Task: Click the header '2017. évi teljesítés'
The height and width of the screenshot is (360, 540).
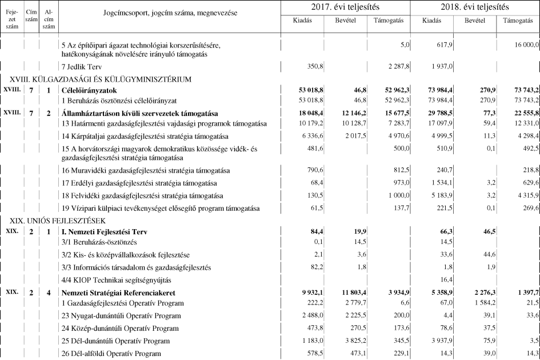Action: (x=345, y=7)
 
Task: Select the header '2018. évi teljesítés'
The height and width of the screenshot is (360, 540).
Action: (x=475, y=7)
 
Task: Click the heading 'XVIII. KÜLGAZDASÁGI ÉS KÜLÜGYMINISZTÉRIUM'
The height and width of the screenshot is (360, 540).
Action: (x=98, y=79)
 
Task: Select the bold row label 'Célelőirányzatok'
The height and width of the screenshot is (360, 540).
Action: (x=89, y=91)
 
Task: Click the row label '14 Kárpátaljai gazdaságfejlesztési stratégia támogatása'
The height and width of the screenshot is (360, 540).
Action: (x=145, y=137)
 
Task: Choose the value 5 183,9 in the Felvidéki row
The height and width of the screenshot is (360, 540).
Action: (x=440, y=195)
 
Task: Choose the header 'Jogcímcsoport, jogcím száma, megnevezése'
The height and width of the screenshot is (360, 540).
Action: (x=170, y=13)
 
